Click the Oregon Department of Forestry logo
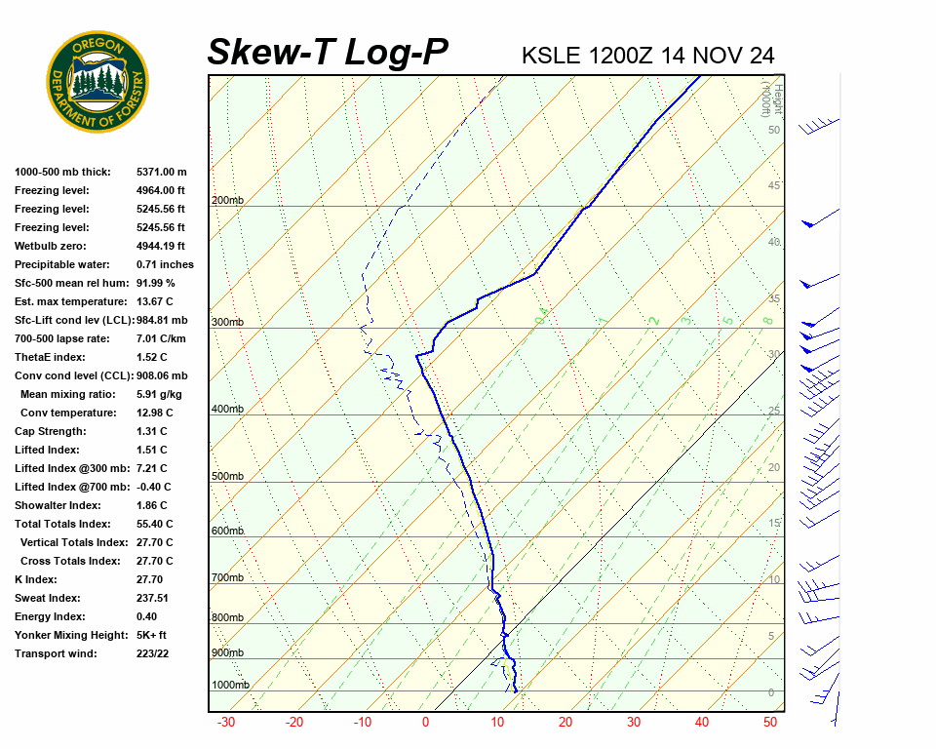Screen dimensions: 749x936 click(x=97, y=82)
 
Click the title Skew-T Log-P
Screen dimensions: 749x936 click(x=328, y=52)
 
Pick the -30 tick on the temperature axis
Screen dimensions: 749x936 click(x=226, y=723)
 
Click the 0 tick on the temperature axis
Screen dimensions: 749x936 click(x=425, y=723)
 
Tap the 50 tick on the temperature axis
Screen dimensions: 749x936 click(x=770, y=723)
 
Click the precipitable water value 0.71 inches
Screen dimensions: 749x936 click(x=165, y=264)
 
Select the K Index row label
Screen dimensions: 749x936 click(x=35, y=579)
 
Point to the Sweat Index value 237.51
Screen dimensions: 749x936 click(x=152, y=598)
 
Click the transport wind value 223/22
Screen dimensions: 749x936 click(x=153, y=653)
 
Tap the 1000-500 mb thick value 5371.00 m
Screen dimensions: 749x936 click(x=161, y=172)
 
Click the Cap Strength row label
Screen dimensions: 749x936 click(x=49, y=431)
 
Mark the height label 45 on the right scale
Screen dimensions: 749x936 click(x=774, y=186)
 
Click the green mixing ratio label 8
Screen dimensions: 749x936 click(x=767, y=320)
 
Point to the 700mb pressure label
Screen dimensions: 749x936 click(x=226, y=578)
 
